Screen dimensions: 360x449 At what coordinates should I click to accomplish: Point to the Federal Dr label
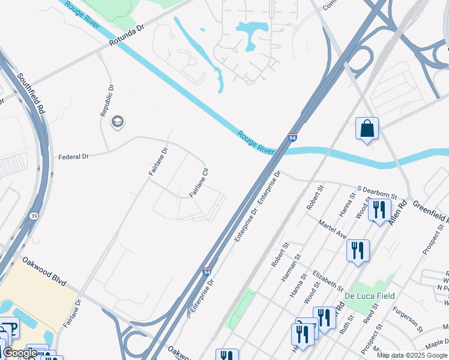click(73, 157)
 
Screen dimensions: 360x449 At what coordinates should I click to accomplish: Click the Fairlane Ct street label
click(199, 183)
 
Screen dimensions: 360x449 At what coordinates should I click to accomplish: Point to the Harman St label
click(290, 268)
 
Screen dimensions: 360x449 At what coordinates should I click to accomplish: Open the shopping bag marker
click(367, 128)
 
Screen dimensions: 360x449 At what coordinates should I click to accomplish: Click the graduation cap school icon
click(118, 122)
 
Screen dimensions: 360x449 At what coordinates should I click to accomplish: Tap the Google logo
click(20, 353)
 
